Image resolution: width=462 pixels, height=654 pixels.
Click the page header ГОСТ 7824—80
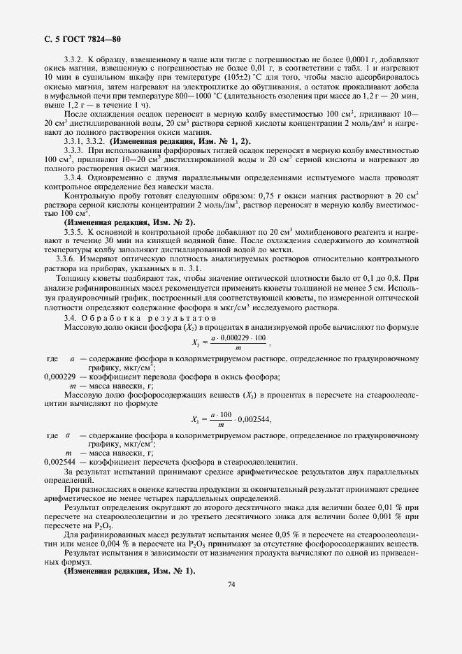[x=85, y=38]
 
